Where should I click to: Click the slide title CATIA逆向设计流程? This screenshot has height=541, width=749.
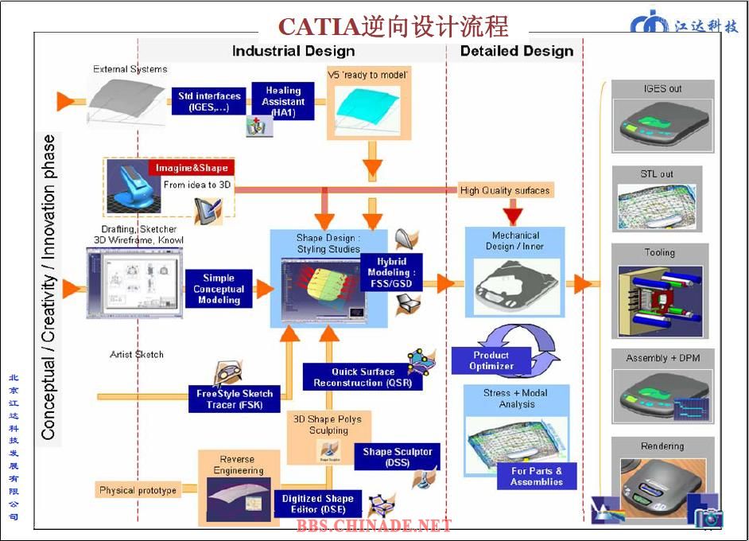coord(393,26)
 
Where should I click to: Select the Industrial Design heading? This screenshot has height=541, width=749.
coord(293,51)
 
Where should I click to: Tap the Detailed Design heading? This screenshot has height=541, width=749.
coord(516,51)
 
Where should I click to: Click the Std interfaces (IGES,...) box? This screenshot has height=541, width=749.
coord(208,102)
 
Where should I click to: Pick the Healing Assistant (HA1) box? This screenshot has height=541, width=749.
coord(283,102)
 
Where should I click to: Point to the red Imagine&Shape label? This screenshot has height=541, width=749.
coord(192,168)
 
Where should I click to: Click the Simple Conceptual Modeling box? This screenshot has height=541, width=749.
coord(219,290)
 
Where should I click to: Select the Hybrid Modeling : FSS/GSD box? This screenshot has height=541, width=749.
coord(391,273)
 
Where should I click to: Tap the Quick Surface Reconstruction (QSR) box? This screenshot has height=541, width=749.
coord(363,377)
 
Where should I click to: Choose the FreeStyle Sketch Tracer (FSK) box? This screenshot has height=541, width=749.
coord(235,399)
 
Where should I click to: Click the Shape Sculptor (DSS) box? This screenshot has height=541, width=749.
coord(397,457)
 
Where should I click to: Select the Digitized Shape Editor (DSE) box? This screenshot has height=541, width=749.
coord(317,504)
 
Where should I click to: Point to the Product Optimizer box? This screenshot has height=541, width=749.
coord(491,361)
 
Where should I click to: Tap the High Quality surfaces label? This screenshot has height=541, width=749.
coord(504,190)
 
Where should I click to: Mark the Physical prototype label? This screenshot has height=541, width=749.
coord(138,490)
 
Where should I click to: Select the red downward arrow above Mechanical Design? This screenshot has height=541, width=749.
coord(513,211)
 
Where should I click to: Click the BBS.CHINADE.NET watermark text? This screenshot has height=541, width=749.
coord(374,525)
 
